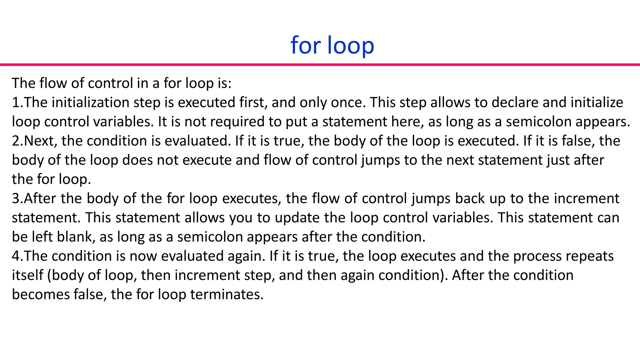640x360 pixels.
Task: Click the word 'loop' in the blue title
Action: coord(351,46)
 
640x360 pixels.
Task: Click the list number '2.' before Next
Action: coord(17,141)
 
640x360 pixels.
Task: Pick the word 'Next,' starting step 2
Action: coord(41,141)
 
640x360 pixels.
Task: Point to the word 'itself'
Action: coord(27,275)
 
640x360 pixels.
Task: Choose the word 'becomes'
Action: coord(41,295)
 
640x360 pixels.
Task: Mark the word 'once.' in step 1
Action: coord(348,102)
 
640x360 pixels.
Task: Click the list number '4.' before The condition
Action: coord(17,256)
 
